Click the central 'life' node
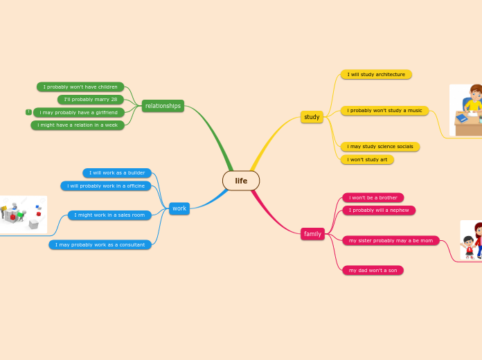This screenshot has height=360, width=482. tap(241, 181)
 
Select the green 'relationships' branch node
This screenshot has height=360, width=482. tap(163, 106)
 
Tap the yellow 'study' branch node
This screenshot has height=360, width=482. tap(312, 117)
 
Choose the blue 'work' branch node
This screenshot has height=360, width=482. tap(179, 208)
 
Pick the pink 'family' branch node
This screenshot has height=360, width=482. tap(312, 234)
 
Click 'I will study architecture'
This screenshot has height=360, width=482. tap(376, 74)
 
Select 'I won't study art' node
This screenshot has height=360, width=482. tap(367, 159)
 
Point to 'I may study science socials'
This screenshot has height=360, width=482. tap(380, 147)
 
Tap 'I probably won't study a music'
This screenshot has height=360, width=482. tap(384, 110)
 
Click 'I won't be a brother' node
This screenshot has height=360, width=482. tap(373, 197)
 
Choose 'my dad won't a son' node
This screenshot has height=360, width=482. tap(373, 270)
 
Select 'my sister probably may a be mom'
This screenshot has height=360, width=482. tap(391, 241)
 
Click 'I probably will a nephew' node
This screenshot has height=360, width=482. tap(379, 210)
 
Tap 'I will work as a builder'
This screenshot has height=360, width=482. tap(116, 173)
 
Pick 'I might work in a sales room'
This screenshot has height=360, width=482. tap(109, 215)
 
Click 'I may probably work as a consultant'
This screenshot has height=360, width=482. tap(100, 244)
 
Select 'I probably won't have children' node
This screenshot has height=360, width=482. tap(80, 87)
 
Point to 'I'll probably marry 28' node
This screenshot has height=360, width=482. tap(91, 100)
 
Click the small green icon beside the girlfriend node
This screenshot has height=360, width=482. tap(28, 112)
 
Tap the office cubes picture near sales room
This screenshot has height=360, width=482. tap(24, 214)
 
